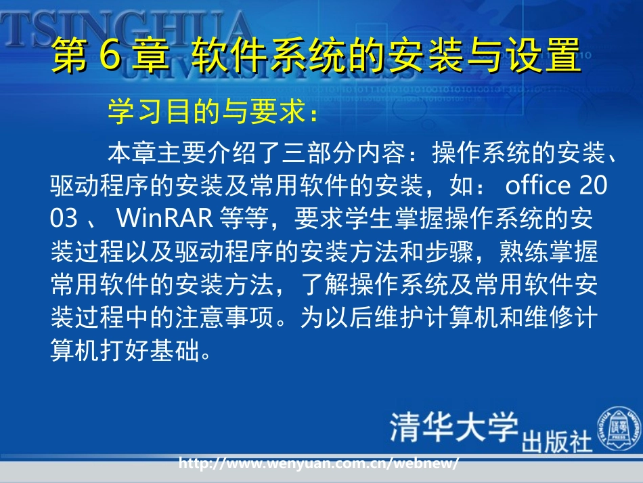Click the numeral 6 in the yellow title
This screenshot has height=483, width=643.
click(110, 56)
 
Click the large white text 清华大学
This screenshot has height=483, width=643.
click(453, 427)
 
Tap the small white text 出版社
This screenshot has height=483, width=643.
click(556, 441)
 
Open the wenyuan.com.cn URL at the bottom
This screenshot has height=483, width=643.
click(319, 464)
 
